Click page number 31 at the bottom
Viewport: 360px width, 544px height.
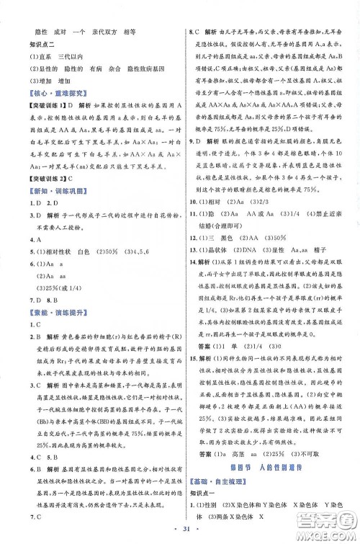[179, 532]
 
